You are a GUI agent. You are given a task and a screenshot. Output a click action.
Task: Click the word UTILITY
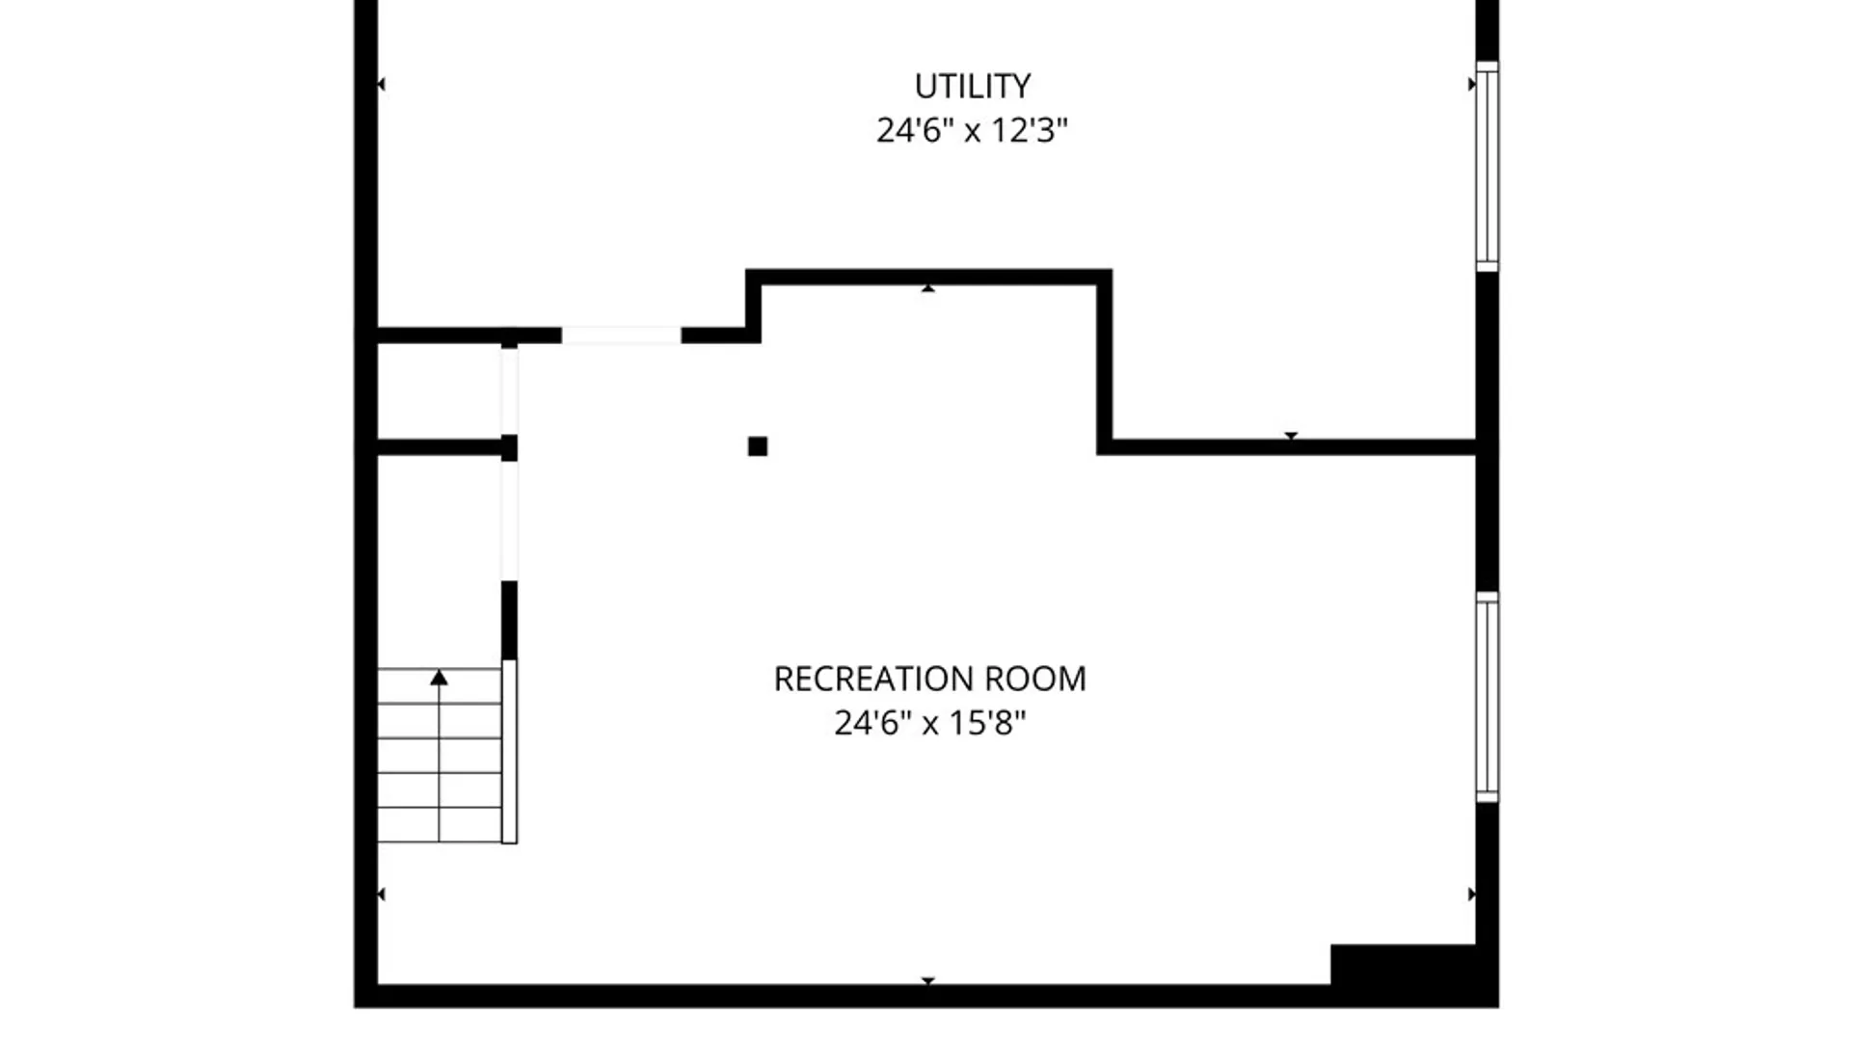click(972, 86)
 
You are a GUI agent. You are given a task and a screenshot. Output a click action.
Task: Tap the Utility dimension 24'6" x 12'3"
click(972, 130)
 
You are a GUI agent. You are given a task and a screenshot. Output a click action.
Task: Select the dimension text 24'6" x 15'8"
click(929, 722)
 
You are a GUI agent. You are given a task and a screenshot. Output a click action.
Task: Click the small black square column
click(758, 446)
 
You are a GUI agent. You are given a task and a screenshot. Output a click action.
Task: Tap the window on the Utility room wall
click(1488, 166)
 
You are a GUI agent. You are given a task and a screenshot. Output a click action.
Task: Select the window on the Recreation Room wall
click(1488, 697)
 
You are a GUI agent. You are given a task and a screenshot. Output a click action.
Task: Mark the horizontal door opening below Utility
click(621, 335)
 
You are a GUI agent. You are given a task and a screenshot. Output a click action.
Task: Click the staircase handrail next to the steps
click(509, 752)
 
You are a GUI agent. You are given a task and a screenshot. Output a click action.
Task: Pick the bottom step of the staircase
click(439, 825)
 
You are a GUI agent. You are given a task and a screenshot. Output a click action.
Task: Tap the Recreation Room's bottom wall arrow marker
click(927, 980)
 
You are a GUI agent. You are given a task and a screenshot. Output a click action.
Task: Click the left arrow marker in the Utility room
click(381, 85)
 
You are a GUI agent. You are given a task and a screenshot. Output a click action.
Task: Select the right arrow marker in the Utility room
click(1471, 85)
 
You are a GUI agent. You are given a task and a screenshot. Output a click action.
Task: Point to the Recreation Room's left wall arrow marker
click(381, 894)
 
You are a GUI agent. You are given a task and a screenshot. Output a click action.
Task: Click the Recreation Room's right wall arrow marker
click(1471, 894)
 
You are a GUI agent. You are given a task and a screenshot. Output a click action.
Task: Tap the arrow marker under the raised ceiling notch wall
click(927, 288)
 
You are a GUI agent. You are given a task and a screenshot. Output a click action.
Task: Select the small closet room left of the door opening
click(439, 391)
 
